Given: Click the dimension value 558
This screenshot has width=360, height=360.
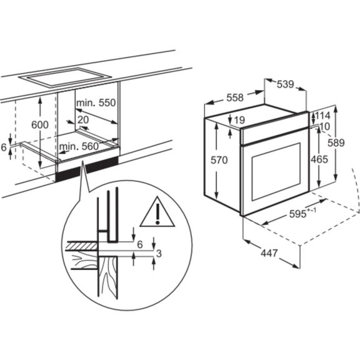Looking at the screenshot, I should click(x=234, y=97).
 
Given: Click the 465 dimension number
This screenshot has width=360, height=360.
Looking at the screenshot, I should click(x=319, y=159).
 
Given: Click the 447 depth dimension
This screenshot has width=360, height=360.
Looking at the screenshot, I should click(x=269, y=254).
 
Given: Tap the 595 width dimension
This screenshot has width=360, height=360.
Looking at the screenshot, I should click(x=299, y=214).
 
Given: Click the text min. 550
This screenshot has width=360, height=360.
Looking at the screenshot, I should click(x=96, y=102).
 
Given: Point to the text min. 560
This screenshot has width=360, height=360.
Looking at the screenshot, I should click(x=80, y=147).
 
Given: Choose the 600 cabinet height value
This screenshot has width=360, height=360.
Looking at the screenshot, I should click(x=39, y=124).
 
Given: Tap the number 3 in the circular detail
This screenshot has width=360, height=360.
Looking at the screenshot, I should click(x=159, y=253).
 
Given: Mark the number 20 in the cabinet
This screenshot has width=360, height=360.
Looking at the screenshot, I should click(x=83, y=119).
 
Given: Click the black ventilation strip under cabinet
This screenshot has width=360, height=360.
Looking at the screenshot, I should click(x=87, y=169).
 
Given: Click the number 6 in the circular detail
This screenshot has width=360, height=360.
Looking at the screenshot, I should click(x=141, y=244).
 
